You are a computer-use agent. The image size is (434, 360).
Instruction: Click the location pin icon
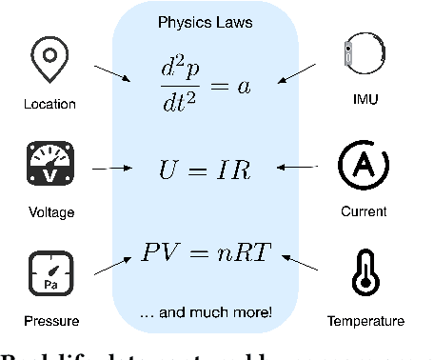49,61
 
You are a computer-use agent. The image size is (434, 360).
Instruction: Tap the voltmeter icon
49,165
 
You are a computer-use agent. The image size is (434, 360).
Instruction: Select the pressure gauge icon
49,270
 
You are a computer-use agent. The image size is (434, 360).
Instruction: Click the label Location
49,104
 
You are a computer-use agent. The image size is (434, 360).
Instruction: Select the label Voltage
49,212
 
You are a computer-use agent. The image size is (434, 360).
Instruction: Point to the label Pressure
49,321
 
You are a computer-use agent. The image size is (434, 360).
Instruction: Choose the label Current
365,211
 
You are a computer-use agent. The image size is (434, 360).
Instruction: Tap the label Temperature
365,321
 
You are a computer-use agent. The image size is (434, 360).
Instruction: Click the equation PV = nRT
207,253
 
